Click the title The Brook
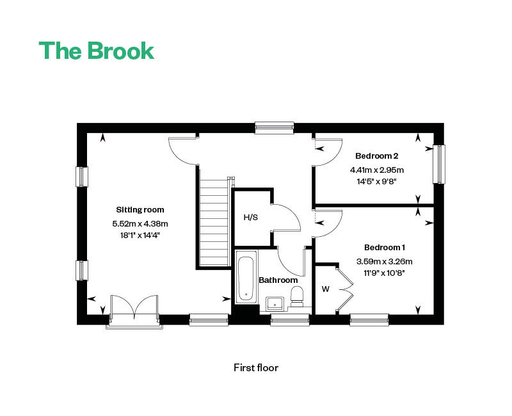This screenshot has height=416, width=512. (97, 51)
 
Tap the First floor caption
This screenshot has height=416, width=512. (256, 367)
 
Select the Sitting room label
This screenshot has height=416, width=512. (140, 210)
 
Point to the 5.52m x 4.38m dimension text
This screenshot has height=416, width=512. (140, 223)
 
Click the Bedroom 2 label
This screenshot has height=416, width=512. (377, 156)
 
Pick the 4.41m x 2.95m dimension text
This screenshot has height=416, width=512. (377, 170)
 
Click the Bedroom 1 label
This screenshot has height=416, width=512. (385, 248)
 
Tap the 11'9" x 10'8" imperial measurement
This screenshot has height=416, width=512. (385, 273)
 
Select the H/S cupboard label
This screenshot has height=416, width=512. (251, 217)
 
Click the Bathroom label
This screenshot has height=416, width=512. (278, 280)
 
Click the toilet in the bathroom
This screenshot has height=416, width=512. (297, 296)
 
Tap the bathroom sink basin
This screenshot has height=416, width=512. (275, 303)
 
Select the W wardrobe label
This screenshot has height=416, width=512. (326, 289)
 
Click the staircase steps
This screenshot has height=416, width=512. (214, 223)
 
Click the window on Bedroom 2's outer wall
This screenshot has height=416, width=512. (439, 164)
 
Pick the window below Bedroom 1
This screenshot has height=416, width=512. (369, 319)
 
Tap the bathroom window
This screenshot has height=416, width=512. (290, 319)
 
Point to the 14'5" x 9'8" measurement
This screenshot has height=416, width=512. (376, 181)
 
